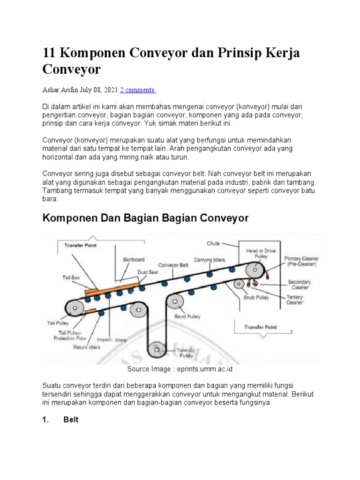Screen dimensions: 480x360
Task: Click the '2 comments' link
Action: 138,90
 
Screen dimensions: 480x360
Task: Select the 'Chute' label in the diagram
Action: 213,243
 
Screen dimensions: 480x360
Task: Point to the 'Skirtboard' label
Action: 134,259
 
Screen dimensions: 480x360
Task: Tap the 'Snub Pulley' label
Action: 255,297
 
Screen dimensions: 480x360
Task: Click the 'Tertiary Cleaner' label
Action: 295,300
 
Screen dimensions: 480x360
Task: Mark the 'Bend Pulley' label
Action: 187,316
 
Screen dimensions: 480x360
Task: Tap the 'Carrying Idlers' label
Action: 210,260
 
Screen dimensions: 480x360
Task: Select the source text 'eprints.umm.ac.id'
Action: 205,369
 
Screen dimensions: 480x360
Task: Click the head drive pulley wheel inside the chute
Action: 254,271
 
